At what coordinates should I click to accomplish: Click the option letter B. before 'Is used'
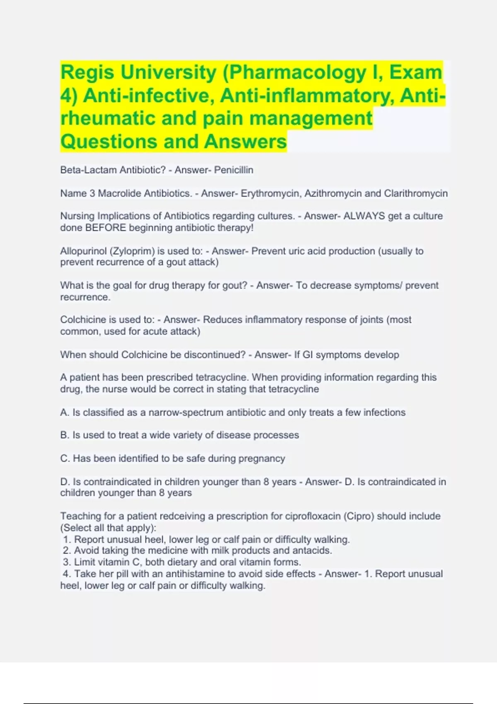[65, 435]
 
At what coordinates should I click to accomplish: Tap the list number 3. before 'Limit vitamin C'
[67, 562]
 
